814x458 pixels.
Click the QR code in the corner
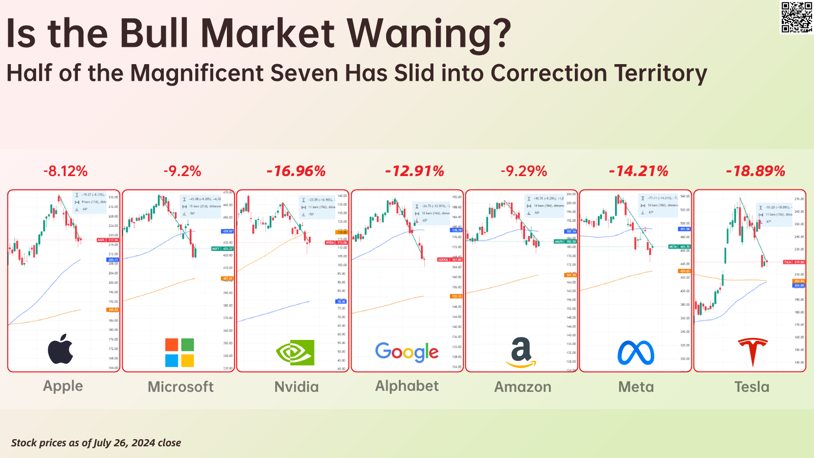point(797,17)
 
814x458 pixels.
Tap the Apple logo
point(61,349)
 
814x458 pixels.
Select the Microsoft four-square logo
point(179,352)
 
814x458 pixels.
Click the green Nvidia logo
point(295,352)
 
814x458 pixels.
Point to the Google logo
point(407,352)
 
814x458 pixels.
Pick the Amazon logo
point(521,352)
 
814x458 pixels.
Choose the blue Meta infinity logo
point(636,353)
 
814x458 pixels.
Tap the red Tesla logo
point(752,352)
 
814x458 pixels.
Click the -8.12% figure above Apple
point(65,171)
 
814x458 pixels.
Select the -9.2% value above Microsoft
point(182,171)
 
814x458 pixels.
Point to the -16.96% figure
point(296,171)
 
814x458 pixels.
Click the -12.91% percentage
point(415,171)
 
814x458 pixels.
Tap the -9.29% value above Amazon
point(524,171)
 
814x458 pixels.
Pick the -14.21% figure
point(638,171)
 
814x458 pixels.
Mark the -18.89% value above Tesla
point(755,171)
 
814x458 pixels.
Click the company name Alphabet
point(407,386)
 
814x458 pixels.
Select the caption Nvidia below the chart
point(297,387)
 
